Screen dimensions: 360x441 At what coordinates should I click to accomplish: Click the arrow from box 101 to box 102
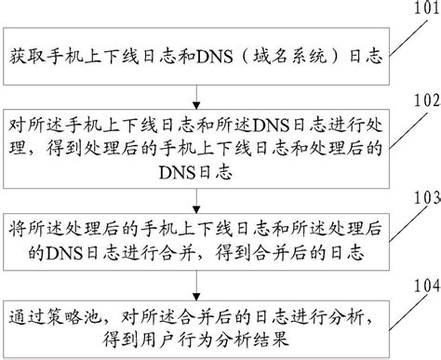[195, 93]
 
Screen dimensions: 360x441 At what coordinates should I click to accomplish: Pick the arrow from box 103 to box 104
[195, 278]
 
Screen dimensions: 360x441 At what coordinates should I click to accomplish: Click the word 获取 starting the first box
[27, 56]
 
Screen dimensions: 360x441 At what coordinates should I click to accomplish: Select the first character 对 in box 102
[17, 124]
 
